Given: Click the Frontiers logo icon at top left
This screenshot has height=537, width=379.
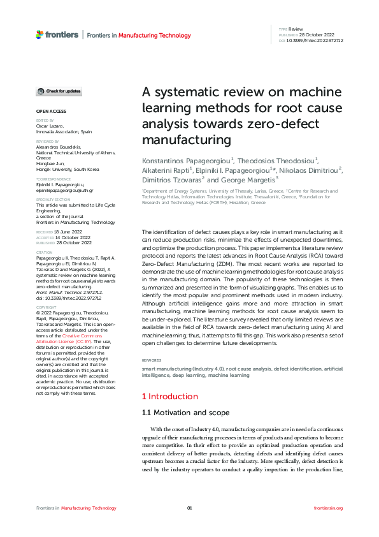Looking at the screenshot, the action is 39,34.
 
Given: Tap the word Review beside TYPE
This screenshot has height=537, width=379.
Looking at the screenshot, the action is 296,29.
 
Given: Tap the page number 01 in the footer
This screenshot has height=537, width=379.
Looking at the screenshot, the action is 189,508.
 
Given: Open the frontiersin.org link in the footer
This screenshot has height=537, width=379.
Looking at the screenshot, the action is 329,508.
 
